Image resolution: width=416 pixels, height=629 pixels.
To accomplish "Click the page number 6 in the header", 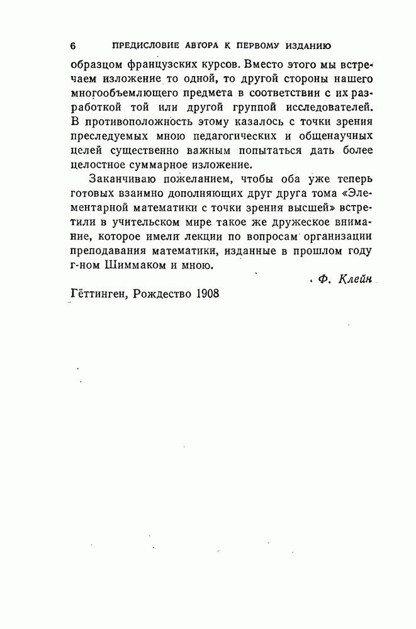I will [x=72, y=45].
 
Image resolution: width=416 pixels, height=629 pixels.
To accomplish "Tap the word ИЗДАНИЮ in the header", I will [x=309, y=45].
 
